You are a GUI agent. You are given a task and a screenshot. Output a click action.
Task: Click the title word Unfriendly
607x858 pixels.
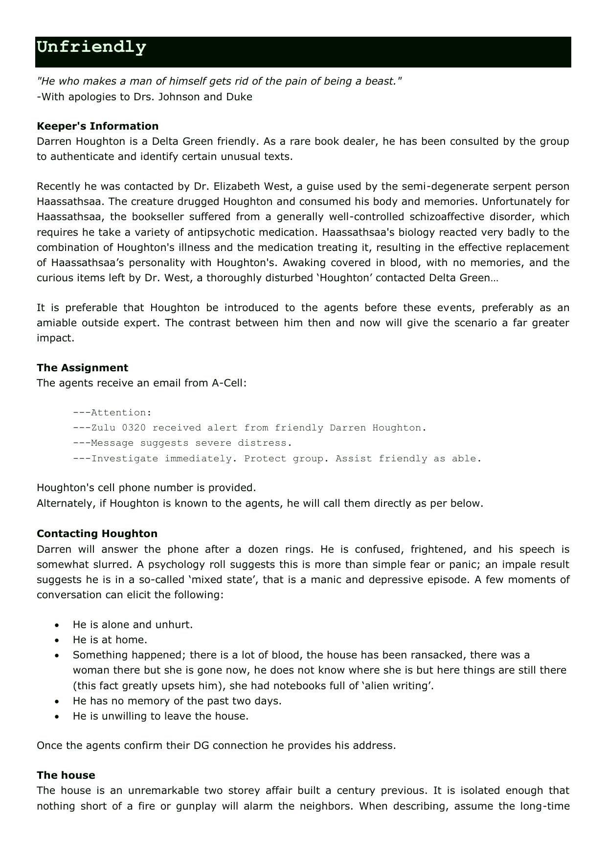[x=91, y=47]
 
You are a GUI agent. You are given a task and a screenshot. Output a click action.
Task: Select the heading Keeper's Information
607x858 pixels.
[x=97, y=126]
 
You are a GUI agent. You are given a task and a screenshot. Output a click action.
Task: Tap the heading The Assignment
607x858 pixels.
[x=82, y=368]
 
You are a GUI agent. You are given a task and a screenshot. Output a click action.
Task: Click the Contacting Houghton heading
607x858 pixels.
[x=97, y=534]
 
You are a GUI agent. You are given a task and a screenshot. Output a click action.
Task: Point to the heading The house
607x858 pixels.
[x=66, y=775]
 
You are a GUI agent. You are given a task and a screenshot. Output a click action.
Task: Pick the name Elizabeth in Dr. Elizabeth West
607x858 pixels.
[x=237, y=186]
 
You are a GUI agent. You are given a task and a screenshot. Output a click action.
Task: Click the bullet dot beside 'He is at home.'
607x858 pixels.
[x=58, y=640]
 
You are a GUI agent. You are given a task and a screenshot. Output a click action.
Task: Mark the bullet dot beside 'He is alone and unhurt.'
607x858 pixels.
[x=58, y=625]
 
